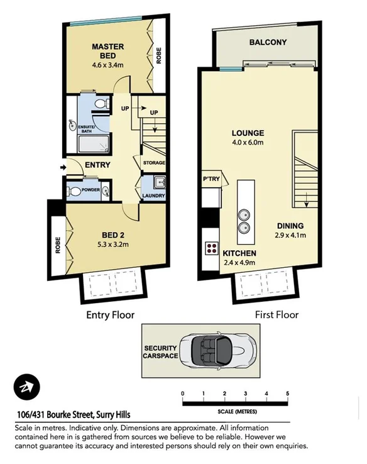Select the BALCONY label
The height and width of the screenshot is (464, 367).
[268, 43]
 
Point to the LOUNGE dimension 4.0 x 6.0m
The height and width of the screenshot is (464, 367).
[248, 143]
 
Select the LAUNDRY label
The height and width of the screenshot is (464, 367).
[153, 196]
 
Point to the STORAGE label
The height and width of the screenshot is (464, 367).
[154, 163]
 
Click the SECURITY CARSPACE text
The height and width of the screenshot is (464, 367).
[161, 352]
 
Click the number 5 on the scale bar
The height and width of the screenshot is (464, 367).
[288, 394]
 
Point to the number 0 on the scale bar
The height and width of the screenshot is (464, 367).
[183, 394]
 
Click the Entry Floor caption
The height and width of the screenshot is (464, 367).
[110, 314]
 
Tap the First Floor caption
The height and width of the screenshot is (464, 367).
[277, 314]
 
